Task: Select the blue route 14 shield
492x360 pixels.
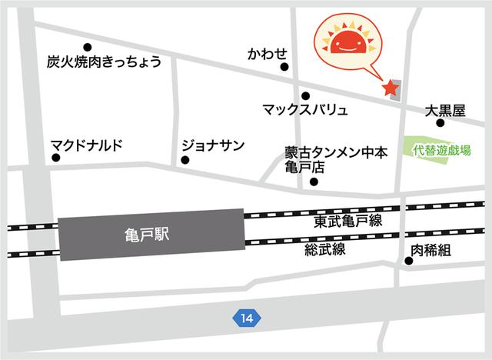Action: [245, 317]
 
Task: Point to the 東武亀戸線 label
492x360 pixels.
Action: [347, 221]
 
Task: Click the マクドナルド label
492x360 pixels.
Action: [87, 145]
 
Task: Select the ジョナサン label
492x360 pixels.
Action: [213, 145]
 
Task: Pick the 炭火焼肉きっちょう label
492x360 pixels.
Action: [104, 62]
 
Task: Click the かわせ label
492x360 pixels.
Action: [267, 54]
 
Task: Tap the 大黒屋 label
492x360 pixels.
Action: [446, 110]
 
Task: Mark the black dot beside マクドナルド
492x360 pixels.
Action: [56, 158]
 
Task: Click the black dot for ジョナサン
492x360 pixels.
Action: [184, 160]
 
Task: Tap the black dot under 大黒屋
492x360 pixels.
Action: [440, 122]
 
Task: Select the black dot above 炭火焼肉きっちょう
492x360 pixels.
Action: [87, 46]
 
